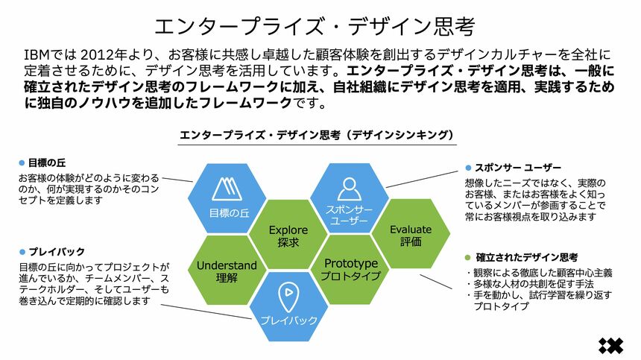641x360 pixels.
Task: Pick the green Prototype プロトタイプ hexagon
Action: click(351, 270)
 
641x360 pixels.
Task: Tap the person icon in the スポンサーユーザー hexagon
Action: click(348, 187)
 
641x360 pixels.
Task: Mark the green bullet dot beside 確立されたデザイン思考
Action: click(468, 257)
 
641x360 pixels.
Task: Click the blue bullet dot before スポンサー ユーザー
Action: click(468, 168)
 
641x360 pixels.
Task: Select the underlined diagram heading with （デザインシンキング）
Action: click(317, 135)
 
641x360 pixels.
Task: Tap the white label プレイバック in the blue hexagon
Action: click(289, 320)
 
